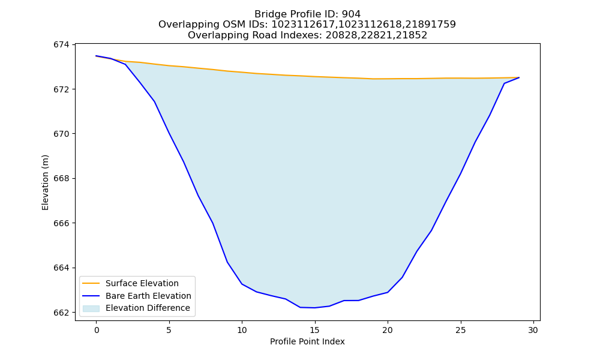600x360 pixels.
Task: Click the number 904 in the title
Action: tap(351, 14)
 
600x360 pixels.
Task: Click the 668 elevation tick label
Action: tap(62, 179)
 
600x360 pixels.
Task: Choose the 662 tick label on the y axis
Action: tap(62, 313)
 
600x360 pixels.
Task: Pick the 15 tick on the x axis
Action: tap(315, 330)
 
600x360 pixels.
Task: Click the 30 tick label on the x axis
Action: tap(533, 330)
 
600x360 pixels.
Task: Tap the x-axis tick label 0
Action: tap(97, 330)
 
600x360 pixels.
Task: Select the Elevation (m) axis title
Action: tap(45, 182)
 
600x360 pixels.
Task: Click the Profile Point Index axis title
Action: tap(307, 341)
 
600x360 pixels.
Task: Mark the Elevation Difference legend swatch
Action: tap(91, 308)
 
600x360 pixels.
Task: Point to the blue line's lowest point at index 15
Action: tap(315, 308)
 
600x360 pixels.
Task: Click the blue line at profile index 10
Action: tap(242, 284)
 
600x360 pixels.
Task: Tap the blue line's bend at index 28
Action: tap(504, 83)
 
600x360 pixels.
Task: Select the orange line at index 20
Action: tap(388, 79)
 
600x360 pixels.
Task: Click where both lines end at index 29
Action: tap(519, 77)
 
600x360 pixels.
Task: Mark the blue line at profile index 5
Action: tap(169, 133)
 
